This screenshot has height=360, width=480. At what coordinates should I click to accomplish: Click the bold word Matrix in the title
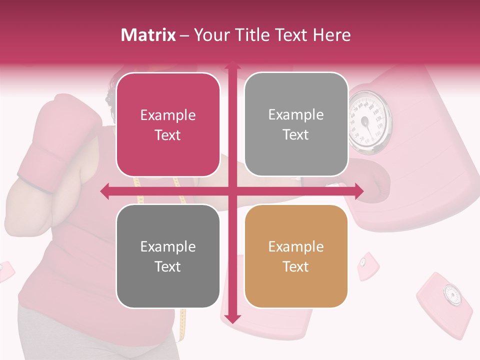(148, 35)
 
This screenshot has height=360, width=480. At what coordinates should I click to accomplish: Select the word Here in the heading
(331, 35)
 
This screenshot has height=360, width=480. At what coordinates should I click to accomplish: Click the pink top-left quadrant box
(168, 125)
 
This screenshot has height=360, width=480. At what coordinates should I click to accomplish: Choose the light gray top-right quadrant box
(296, 124)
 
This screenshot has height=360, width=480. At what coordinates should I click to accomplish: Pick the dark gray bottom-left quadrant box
(168, 256)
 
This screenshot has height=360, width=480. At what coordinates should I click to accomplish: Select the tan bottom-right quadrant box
(296, 256)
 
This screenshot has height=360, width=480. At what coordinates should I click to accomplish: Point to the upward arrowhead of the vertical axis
(232, 65)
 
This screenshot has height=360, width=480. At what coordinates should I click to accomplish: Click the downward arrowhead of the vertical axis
(232, 318)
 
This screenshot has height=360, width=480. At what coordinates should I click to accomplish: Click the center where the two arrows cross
(232, 191)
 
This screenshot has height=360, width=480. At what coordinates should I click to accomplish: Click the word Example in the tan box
(296, 246)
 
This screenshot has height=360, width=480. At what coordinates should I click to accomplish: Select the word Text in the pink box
(168, 135)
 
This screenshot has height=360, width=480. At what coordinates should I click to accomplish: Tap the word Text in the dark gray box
(168, 266)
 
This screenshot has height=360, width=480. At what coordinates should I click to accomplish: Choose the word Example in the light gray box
(296, 115)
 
